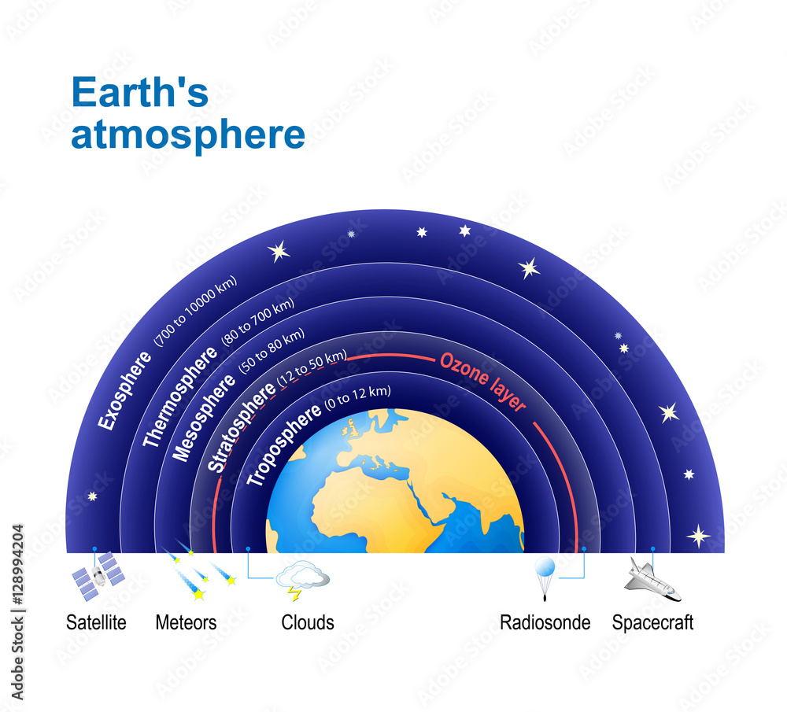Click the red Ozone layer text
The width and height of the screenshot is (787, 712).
(482, 382)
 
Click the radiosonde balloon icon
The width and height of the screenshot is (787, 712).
(545, 572)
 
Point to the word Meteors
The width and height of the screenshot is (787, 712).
(186, 623)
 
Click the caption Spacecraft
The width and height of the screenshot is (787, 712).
(652, 623)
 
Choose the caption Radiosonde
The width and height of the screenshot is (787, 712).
(545, 623)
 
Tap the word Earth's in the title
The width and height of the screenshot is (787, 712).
(139, 94)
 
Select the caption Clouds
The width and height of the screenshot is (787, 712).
(308, 623)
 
